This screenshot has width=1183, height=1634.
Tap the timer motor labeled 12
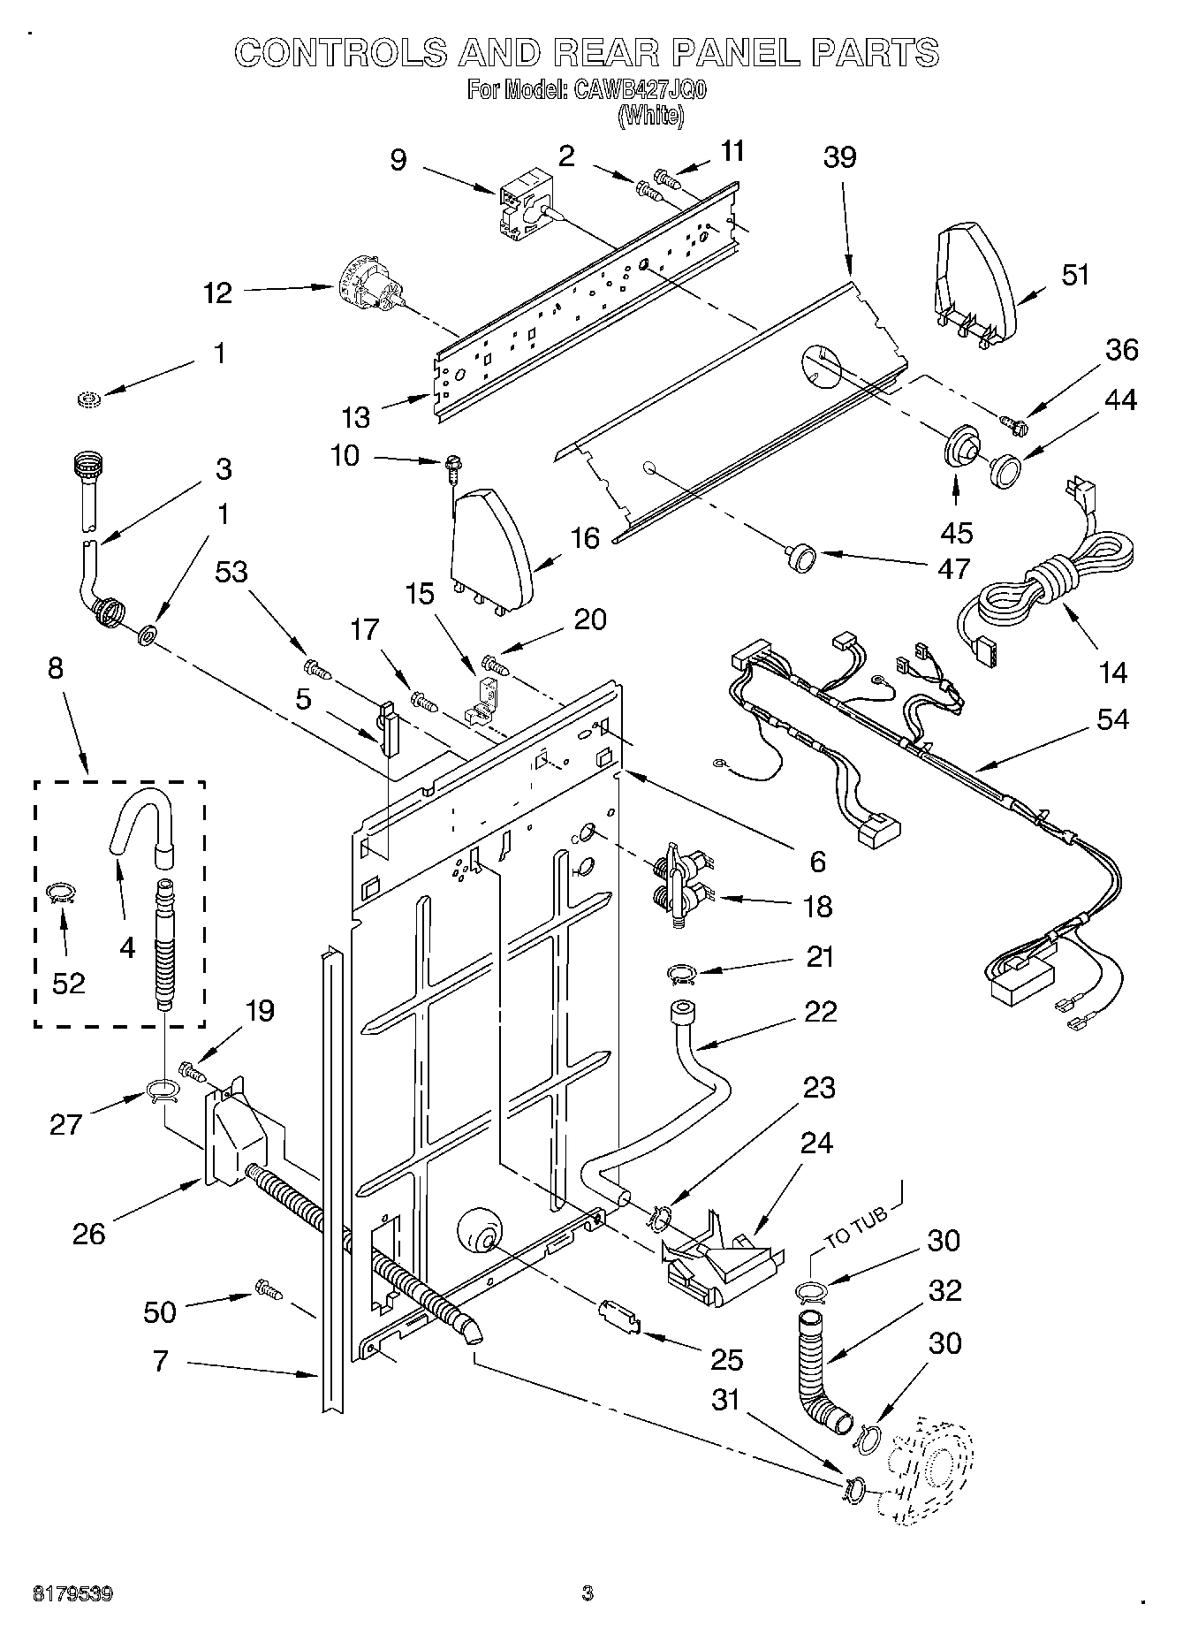372,287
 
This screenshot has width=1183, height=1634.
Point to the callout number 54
1112,720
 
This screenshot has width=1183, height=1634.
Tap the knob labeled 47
801,559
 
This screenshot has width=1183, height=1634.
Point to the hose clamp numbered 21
681,974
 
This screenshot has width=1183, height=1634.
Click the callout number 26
89,1234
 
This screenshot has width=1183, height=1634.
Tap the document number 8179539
72,1593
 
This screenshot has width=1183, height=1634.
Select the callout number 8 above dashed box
56,668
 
